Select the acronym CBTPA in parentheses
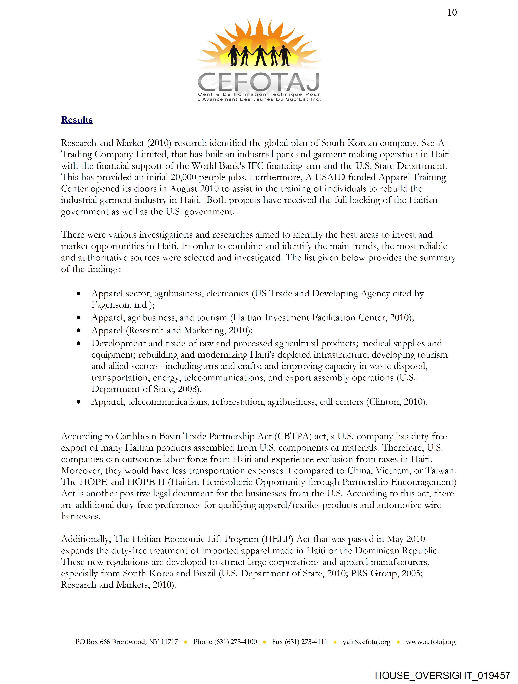coord(293,436)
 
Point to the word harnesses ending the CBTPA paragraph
coord(81,517)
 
